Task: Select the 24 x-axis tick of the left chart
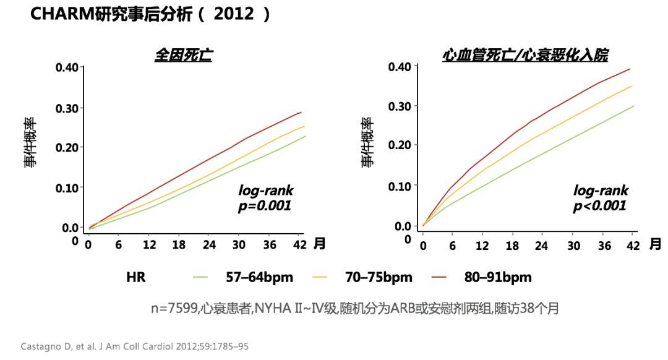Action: click(x=209, y=245)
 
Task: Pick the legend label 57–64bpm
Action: click(x=260, y=277)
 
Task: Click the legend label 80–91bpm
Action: click(x=498, y=277)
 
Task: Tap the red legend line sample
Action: click(x=441, y=277)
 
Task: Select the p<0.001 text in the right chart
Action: click(x=599, y=205)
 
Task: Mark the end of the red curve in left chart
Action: click(x=301, y=113)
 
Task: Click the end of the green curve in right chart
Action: click(x=633, y=106)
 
